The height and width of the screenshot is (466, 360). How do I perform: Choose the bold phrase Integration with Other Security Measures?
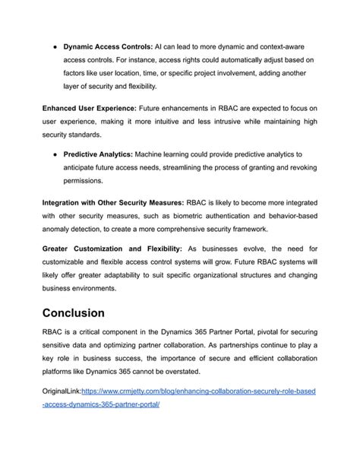click(113, 201)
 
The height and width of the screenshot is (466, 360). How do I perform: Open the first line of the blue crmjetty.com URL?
click(197, 391)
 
